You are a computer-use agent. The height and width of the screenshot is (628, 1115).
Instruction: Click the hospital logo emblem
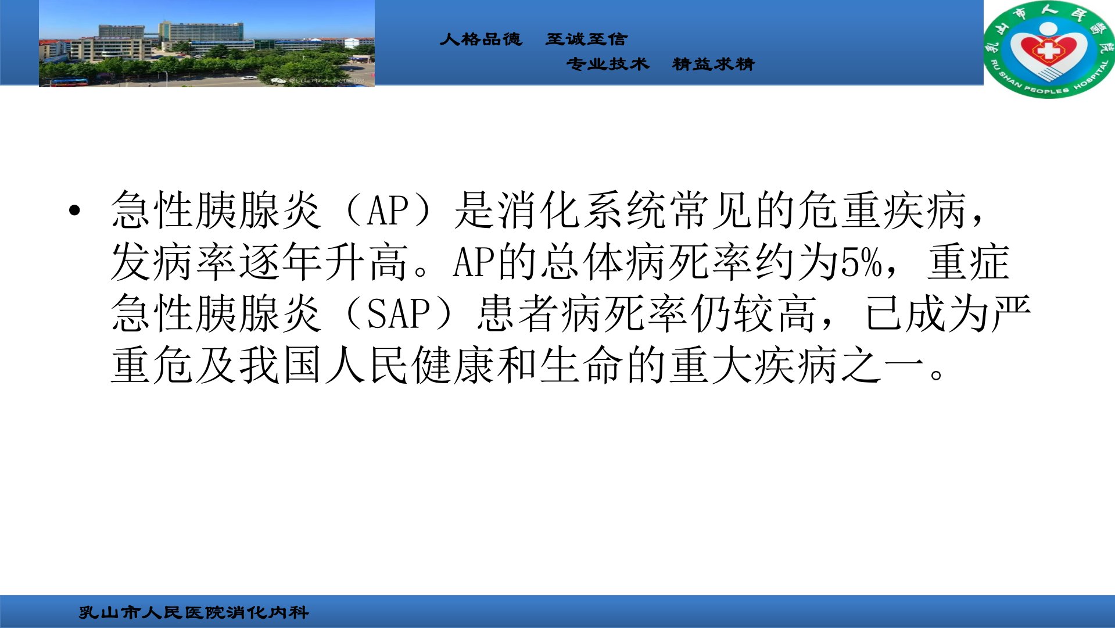click(1049, 49)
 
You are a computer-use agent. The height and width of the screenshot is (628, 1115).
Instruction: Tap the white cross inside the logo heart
click(1049, 51)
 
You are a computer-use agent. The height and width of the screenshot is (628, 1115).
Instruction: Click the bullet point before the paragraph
click(74, 210)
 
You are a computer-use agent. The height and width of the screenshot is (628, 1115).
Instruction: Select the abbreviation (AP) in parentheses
click(389, 210)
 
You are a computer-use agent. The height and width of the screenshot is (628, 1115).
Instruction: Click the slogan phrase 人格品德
click(481, 39)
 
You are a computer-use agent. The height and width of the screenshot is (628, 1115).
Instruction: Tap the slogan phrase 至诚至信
click(587, 39)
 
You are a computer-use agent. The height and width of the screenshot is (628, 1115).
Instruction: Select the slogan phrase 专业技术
click(608, 64)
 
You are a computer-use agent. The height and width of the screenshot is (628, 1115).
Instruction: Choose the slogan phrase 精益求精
click(713, 64)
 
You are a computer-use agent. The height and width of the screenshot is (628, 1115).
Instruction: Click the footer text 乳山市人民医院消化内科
click(194, 612)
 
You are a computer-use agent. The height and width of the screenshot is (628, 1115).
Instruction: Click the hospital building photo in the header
click(207, 44)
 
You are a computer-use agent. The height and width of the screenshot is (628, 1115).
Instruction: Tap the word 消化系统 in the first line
click(583, 210)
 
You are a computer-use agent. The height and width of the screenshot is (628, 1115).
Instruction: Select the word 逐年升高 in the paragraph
click(324, 262)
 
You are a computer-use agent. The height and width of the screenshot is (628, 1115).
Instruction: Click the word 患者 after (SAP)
click(518, 313)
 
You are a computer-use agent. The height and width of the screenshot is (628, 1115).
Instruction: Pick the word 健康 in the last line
click(454, 365)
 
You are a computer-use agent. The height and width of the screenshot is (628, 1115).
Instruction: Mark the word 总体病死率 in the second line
click(647, 262)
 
